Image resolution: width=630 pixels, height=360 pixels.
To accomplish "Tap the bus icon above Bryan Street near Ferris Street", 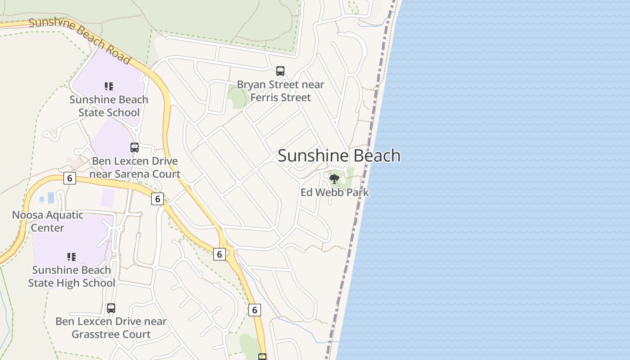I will [280, 71].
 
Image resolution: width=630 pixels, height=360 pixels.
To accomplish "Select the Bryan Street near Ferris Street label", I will [280, 91].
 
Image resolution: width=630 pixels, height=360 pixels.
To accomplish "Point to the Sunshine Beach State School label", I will [109, 106].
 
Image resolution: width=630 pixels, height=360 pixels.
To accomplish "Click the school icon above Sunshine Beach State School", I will [108, 86].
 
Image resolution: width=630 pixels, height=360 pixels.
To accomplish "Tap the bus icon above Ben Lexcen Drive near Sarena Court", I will [135, 147].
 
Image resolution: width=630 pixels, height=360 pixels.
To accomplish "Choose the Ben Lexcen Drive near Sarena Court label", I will [135, 167].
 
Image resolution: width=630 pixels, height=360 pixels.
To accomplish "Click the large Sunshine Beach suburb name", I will [339, 156].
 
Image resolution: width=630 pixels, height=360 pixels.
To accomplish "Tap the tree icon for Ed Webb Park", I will [334, 179].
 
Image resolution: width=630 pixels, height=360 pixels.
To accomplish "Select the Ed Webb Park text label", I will [335, 193].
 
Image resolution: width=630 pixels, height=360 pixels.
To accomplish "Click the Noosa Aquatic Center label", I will [48, 221].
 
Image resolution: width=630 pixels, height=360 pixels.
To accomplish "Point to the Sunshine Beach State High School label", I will [72, 276].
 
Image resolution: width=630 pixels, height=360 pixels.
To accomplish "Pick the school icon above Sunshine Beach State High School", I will [71, 257].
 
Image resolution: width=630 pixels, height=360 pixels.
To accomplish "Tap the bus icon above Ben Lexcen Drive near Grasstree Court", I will [111, 308].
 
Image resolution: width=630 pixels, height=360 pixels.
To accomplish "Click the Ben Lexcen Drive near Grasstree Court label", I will [111, 328].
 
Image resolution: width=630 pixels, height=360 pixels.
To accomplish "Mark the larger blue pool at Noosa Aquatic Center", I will [51, 197].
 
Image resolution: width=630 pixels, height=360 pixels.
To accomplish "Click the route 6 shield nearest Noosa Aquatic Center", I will [69, 178].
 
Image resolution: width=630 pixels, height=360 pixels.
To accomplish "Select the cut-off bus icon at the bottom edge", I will [262, 357].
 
